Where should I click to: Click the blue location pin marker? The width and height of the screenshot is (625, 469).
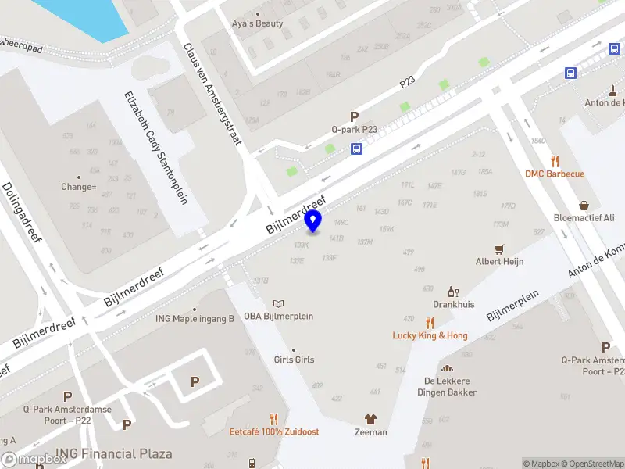(313, 221)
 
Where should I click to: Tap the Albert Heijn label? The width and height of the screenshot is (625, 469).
(500, 262)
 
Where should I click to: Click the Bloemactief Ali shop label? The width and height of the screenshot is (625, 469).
(584, 218)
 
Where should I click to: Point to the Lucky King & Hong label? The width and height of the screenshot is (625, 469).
(430, 335)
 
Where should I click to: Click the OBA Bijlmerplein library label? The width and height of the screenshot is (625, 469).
(279, 316)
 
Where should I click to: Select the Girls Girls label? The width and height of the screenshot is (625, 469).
(294, 360)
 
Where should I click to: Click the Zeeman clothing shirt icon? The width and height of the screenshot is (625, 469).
(370, 419)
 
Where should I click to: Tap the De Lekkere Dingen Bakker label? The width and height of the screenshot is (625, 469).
(450, 386)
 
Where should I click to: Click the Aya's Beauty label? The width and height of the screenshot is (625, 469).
(258, 23)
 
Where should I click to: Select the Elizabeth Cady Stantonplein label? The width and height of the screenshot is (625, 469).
(155, 148)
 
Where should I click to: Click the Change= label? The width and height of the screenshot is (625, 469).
(78, 187)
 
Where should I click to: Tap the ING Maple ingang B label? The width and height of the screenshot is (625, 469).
(195, 318)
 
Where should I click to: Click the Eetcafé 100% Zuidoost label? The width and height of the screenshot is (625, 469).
(274, 431)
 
